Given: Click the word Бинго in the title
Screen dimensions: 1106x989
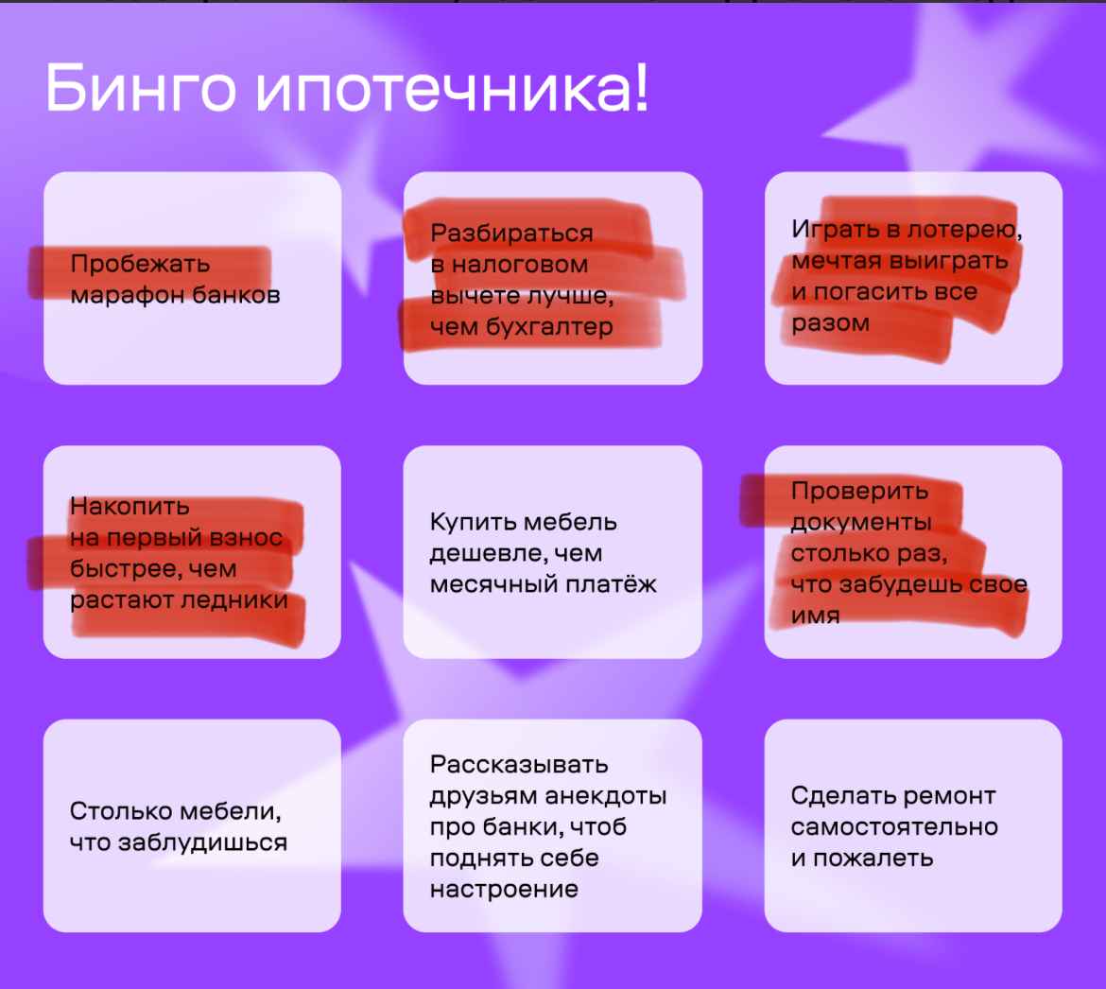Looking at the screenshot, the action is point(141,87).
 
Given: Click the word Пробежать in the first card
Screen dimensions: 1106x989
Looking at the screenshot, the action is point(140,265).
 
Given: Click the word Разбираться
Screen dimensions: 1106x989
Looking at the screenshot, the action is point(511,234).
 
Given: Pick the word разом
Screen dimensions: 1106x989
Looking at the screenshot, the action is point(830,323).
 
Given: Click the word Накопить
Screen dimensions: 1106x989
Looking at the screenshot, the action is point(130,507).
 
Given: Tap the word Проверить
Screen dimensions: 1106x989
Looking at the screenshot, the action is point(859,492).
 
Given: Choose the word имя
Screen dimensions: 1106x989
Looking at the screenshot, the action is point(816,616).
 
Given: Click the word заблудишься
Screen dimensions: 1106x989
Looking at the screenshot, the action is point(202,843).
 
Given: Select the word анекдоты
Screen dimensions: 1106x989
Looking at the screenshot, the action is point(606,796).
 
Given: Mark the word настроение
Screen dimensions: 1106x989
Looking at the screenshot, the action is point(504,890).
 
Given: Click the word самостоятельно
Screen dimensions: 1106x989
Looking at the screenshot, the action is point(894,826).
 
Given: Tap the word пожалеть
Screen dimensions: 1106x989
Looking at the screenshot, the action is point(873,859).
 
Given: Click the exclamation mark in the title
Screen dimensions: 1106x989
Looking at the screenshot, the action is point(641,87).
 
